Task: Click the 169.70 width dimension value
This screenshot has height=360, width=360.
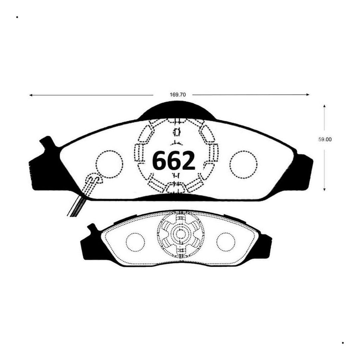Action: pyautogui.click(x=178, y=95)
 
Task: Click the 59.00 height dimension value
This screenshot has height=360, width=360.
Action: pyautogui.click(x=325, y=139)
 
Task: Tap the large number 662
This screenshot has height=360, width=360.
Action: pyautogui.click(x=174, y=160)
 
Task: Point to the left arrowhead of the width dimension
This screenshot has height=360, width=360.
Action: pyautogui.click(x=31, y=95)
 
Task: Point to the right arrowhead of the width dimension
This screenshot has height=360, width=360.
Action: pyautogui.click(x=308, y=95)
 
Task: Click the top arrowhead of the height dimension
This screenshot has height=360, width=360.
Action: pyautogui.click(x=324, y=106)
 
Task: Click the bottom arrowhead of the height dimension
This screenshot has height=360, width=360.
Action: pyautogui.click(x=324, y=189)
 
